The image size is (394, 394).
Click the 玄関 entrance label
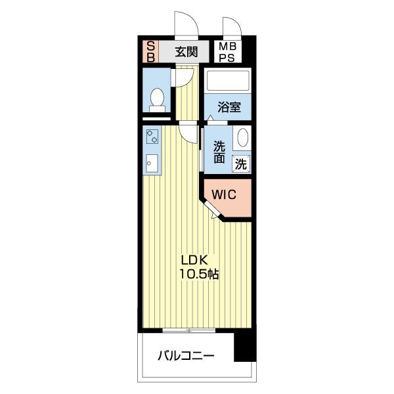(186, 52)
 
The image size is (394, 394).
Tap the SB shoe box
(150, 52)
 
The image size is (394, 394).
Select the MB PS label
(227, 52)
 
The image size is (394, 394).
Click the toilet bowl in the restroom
(158, 99)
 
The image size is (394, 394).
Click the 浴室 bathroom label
(229, 107)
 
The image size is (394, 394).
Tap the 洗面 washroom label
(219, 152)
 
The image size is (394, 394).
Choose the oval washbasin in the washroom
(243, 138)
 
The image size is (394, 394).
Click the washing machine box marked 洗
(241, 164)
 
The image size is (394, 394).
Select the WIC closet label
(224, 194)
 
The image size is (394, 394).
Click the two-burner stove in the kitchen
(152, 137)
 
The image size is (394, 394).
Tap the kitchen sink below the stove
(152, 164)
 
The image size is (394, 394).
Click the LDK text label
(194, 261)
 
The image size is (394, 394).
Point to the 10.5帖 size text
(199, 274)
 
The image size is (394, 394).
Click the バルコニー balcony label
(186, 356)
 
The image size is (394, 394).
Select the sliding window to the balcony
(189, 330)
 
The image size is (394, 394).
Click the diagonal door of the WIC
(211, 209)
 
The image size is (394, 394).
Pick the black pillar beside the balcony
(245, 347)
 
